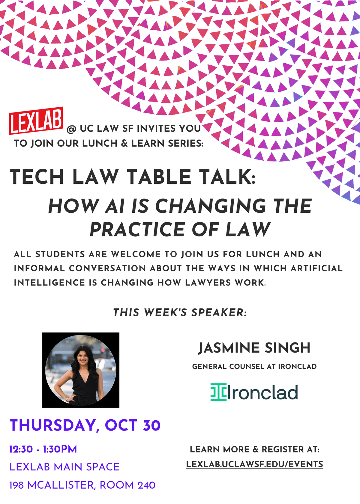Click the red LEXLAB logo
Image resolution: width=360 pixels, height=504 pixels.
click(x=36, y=121)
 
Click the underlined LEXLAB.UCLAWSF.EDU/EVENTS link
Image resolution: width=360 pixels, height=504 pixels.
click(x=254, y=464)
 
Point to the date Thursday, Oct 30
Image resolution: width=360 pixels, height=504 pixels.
click(x=85, y=425)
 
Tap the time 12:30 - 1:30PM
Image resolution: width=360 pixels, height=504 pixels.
click(x=43, y=449)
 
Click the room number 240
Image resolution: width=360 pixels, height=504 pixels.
click(x=147, y=485)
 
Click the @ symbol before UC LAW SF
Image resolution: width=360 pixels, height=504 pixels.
click(x=72, y=130)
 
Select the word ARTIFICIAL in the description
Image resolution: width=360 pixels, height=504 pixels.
click(x=316, y=268)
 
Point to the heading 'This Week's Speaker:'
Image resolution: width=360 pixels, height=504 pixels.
click(x=180, y=312)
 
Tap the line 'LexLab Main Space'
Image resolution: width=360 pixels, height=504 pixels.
click(x=64, y=467)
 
